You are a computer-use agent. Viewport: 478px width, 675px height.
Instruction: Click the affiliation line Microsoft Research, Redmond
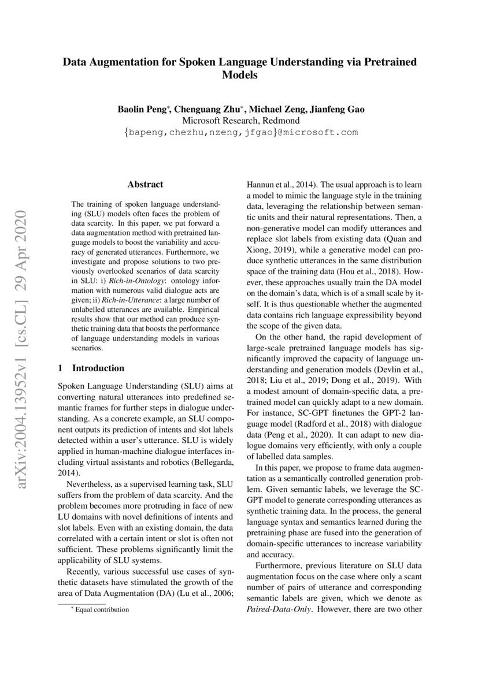coord(240,121)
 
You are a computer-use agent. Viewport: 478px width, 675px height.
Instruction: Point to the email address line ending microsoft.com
coord(240,132)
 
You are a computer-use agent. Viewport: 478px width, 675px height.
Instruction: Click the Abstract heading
coord(145,185)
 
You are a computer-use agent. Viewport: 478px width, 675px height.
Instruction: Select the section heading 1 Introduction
coord(92,368)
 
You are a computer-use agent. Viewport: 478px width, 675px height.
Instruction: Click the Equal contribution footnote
coord(99,610)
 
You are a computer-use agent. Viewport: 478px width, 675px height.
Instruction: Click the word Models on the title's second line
coord(240,75)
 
